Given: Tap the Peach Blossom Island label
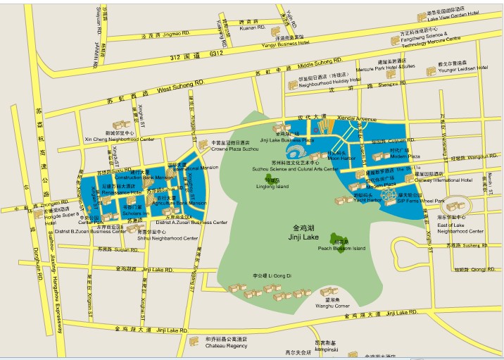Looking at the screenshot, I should click(x=341, y=248).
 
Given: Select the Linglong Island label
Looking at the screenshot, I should click(x=263, y=187).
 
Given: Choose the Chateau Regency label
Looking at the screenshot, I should click(x=226, y=346).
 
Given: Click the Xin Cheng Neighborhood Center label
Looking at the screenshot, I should click(x=119, y=139).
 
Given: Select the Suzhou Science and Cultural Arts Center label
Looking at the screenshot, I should click(x=295, y=169).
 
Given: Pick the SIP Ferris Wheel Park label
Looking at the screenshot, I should click(x=421, y=201).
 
